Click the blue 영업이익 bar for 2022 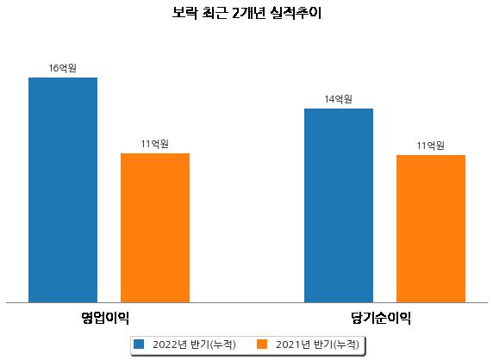[x=63, y=190]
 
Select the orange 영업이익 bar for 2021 [x=155, y=228]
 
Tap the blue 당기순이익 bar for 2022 [x=339, y=206]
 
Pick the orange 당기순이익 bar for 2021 [x=431, y=229]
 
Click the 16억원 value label [x=63, y=68]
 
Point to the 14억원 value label [x=339, y=99]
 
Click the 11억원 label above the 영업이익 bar [x=155, y=144]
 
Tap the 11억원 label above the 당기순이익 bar [x=431, y=146]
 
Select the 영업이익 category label [x=105, y=318]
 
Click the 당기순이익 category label [x=381, y=318]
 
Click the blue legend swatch [x=139, y=344]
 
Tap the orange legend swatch [x=262, y=344]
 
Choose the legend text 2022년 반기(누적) [x=194, y=344]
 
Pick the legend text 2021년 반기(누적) [x=317, y=344]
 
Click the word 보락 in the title [x=184, y=13]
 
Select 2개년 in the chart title [x=249, y=13]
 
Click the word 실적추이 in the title [x=296, y=13]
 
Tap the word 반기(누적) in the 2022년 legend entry [x=213, y=344]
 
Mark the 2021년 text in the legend [x=293, y=344]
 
